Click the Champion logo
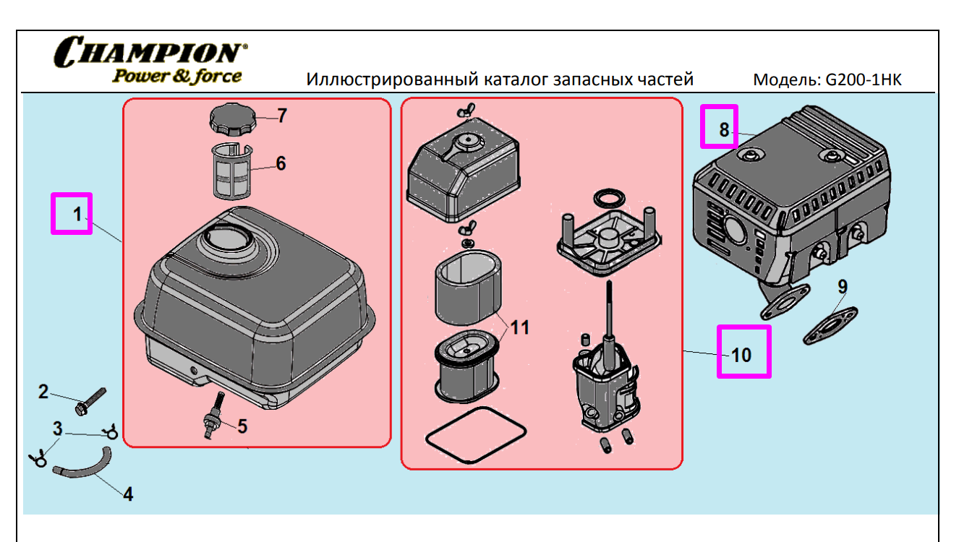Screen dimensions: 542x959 (x=150, y=61)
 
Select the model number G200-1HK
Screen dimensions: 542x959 (x=864, y=79)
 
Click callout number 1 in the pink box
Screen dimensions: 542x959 (x=72, y=213)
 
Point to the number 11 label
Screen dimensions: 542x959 (x=519, y=327)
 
